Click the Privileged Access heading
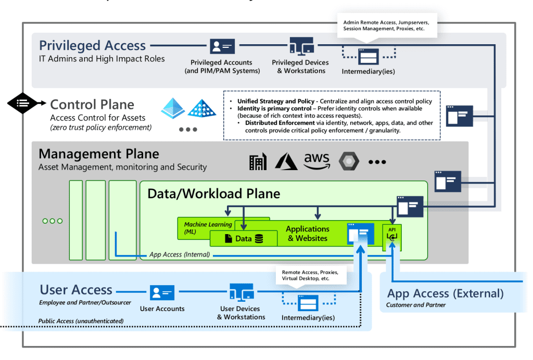coord(92,46)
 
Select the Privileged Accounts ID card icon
coord(222,47)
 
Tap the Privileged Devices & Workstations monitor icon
coord(302,46)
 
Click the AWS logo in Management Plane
coord(317,161)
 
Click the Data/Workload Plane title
coord(214,194)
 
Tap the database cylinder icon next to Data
coord(259,239)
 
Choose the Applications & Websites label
coord(308,234)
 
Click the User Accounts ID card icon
coord(162,292)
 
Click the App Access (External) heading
coord(445,293)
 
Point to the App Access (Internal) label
coord(179,254)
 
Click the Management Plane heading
coord(99,154)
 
